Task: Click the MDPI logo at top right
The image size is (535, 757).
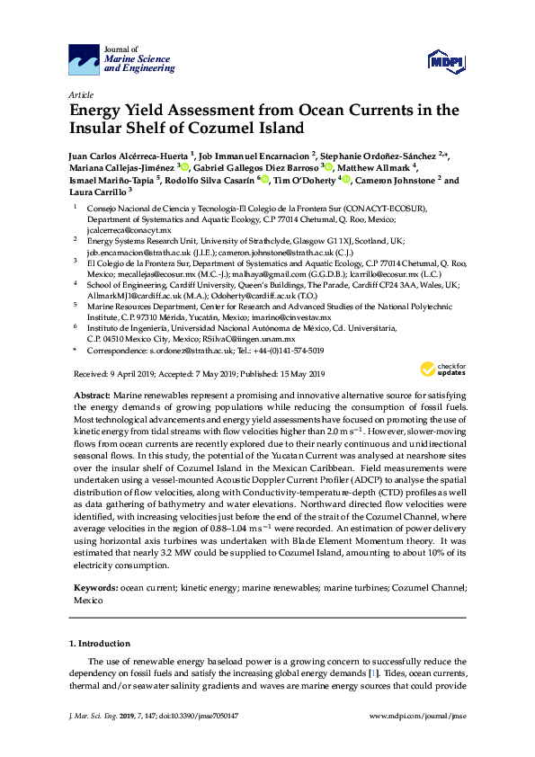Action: click(440, 61)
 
